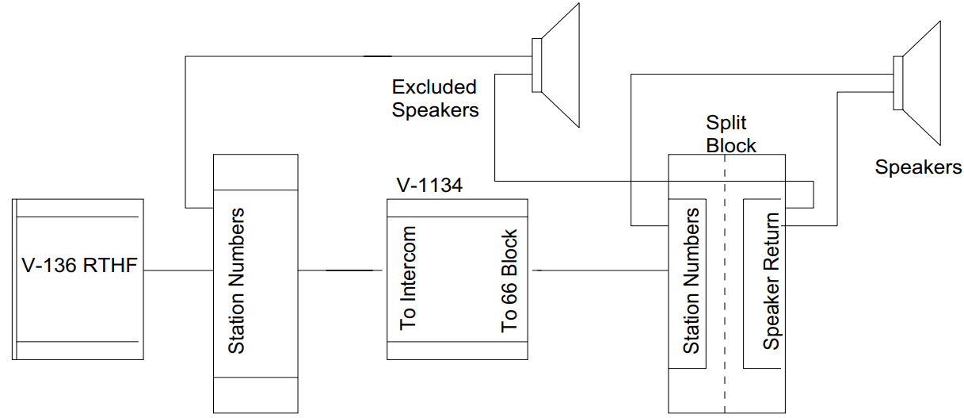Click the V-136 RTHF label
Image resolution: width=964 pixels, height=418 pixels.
click(x=79, y=265)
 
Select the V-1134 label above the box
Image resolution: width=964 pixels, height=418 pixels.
click(x=429, y=186)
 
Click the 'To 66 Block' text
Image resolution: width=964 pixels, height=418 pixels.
click(x=509, y=281)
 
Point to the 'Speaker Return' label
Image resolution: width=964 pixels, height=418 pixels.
click(x=771, y=281)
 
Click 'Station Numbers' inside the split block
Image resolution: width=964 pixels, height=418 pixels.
click(x=691, y=281)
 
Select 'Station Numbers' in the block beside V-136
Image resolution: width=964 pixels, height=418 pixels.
click(x=236, y=281)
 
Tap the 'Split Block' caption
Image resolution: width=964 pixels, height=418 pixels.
click(x=730, y=135)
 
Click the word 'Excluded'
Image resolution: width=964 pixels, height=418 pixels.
click(x=434, y=86)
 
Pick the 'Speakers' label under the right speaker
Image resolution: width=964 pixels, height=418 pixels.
click(x=918, y=167)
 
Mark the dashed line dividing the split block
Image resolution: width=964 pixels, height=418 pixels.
click(x=726, y=381)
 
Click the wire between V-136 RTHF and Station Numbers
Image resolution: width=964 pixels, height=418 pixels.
click(x=179, y=270)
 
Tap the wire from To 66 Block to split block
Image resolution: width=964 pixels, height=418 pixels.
click(x=602, y=270)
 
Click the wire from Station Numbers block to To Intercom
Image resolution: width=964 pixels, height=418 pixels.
click(x=341, y=270)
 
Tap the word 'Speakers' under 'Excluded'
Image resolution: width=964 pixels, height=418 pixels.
click(x=435, y=110)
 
